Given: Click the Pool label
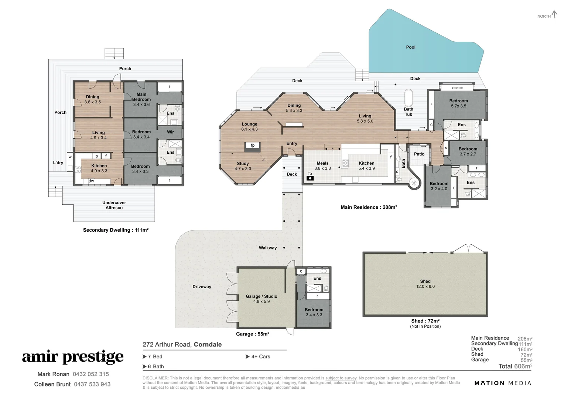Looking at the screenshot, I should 411,47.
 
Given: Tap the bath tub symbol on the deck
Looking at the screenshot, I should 409,96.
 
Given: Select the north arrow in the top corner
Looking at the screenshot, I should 554,15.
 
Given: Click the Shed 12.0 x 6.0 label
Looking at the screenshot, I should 425,284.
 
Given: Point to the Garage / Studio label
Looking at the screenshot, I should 262,296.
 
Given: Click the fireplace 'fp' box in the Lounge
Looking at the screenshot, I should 253,146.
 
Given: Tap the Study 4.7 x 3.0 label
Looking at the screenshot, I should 243,166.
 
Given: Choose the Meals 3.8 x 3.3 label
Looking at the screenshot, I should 322,166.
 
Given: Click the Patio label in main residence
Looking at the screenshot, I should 419,154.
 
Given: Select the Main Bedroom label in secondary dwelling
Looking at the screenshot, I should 141,97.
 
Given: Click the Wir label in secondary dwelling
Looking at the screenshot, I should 170,132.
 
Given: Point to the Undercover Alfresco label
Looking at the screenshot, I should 114,205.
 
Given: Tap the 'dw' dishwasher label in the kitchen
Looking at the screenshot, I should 91,181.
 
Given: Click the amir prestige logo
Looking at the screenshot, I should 73,357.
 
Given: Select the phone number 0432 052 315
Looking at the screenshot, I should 91,374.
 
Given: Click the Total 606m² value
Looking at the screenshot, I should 515,366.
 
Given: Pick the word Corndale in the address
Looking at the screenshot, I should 208,344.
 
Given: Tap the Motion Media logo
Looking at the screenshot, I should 503,383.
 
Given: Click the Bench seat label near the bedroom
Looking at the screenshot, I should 457,88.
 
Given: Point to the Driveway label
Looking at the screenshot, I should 202,287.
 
